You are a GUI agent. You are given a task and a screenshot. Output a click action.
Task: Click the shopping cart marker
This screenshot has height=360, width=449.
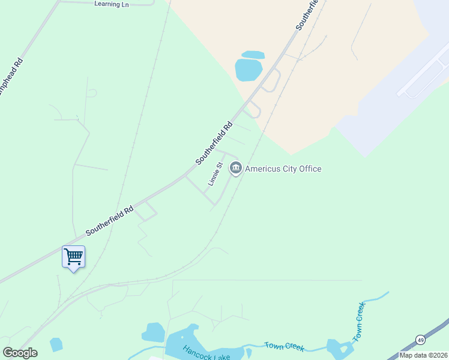[73, 257]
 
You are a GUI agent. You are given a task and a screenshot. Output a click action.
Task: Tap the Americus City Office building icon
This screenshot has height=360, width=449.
[235, 169]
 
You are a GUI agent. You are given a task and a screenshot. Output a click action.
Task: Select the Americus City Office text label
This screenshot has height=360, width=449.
[283, 169]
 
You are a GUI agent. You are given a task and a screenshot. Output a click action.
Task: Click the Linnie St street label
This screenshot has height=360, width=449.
[215, 173]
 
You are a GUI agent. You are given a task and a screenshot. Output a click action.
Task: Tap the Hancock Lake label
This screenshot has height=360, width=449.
[203, 353]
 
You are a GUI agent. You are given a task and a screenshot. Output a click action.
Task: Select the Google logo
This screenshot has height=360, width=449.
[20, 352]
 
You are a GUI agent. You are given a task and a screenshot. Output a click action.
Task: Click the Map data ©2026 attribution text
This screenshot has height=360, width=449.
[423, 355]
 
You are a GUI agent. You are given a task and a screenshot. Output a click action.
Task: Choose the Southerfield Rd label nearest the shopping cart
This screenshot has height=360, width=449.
[109, 221]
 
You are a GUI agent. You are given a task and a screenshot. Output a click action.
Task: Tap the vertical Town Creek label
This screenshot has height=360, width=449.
[360, 323]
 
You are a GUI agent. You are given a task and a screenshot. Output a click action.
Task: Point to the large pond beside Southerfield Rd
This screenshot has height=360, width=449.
[249, 70]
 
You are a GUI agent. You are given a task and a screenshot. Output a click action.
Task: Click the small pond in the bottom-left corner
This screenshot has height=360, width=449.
[56, 344]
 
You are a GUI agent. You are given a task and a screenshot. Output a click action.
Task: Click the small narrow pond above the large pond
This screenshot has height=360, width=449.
[253, 55]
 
